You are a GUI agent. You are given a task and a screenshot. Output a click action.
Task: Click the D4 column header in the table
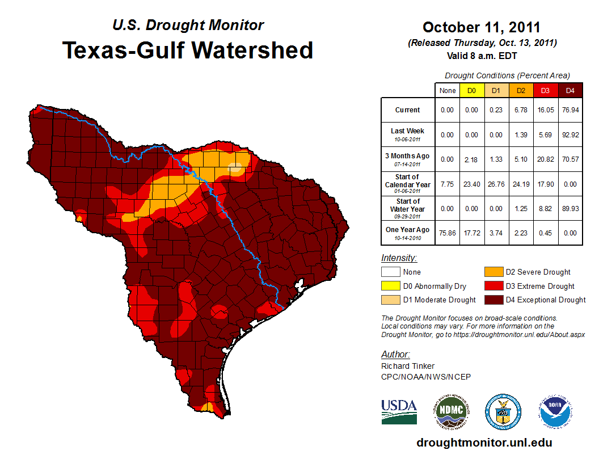point(571,90)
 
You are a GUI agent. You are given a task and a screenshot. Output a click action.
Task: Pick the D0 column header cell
point(471,90)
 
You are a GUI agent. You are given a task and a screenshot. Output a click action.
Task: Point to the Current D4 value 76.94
point(571,110)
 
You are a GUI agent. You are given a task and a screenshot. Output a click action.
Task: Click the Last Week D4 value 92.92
point(571,134)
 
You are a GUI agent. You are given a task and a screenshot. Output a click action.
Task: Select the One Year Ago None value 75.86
point(448,233)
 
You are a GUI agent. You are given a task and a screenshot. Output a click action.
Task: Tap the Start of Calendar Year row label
point(408,181)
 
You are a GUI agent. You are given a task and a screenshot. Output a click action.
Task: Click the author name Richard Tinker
point(408,366)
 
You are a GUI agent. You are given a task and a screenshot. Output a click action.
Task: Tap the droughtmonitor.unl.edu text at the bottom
point(484,443)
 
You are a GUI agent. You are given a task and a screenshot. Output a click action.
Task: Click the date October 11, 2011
point(482,27)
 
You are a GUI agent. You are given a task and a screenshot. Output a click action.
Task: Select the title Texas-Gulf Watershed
point(188,50)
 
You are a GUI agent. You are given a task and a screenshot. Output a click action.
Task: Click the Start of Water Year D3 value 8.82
point(546,208)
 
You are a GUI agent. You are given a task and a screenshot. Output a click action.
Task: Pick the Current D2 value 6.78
point(521,110)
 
